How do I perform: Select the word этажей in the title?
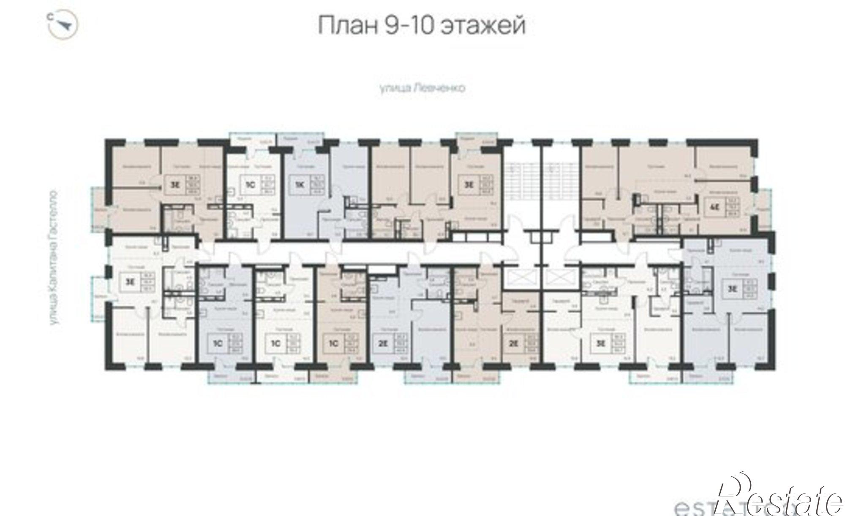pyautogui.click(x=483, y=26)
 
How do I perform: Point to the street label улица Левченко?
pyautogui.click(x=422, y=88)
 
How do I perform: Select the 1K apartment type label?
pyautogui.click(x=299, y=184)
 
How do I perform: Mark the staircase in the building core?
pyautogui.click(x=524, y=181)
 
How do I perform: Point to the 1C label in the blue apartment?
pyautogui.click(x=218, y=343)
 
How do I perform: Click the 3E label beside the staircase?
pyautogui.click(x=469, y=184)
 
